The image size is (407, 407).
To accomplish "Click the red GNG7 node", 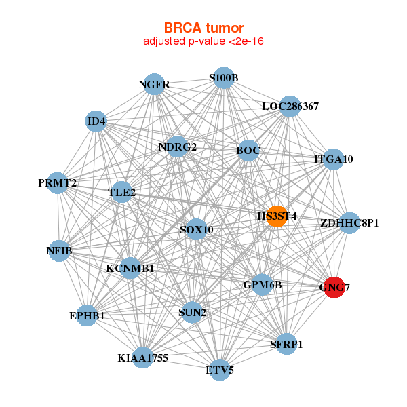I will click(334, 288).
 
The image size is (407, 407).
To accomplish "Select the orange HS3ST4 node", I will click(276, 216).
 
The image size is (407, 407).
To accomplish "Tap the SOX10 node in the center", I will click(196, 229).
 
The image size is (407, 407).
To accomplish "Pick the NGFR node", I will click(154, 85).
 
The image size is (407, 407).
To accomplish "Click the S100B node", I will click(223, 77).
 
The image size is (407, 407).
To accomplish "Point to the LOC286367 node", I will click(290, 106).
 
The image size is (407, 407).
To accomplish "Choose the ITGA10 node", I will click(333, 159).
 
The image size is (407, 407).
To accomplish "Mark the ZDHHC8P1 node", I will click(349, 222).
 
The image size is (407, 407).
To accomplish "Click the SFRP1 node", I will click(286, 344).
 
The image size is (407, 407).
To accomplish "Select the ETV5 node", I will click(219, 370).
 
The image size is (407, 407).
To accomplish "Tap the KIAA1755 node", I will click(142, 357).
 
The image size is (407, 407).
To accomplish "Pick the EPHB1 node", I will click(87, 315).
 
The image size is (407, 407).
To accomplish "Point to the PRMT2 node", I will click(58, 183).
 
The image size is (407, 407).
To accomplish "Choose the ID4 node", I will click(96, 122).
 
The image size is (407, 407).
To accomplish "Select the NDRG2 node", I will click(177, 147).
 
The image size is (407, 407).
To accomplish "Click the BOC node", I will click(248, 150).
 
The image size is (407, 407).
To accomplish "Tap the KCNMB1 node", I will click(130, 268).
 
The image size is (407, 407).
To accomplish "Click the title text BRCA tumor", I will click(203, 28).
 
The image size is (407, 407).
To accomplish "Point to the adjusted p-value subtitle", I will click(203, 41).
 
